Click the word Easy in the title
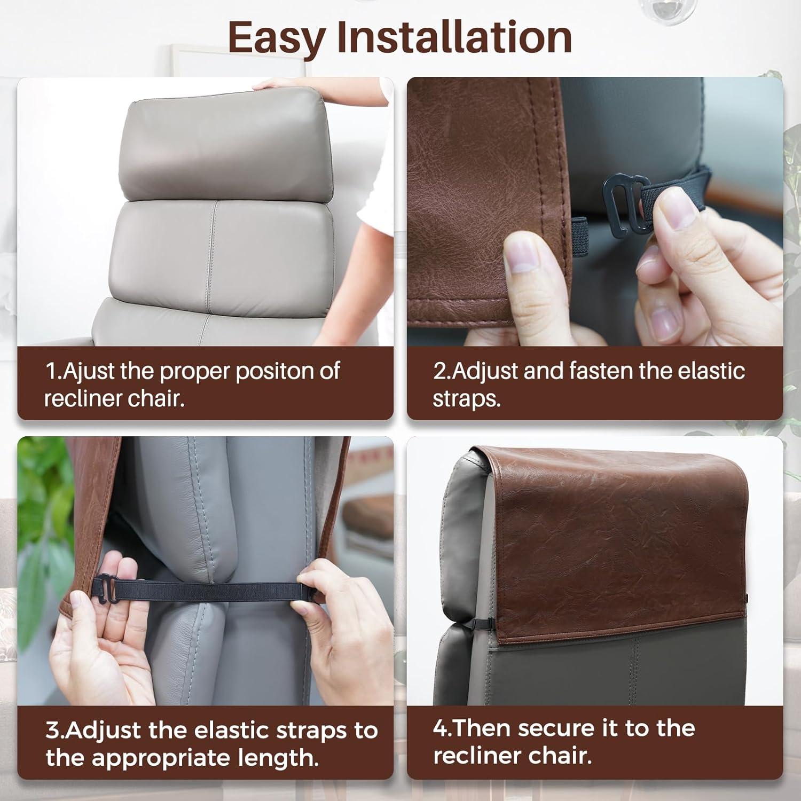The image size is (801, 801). click(x=276, y=37)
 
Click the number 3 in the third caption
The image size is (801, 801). click(x=52, y=731)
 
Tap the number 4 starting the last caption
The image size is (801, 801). click(x=440, y=728)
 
